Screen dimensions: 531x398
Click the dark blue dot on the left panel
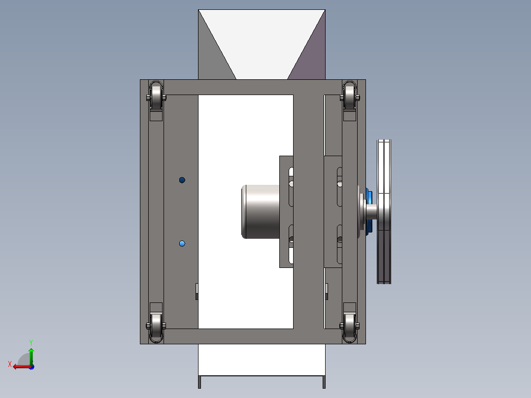[x=182, y=180]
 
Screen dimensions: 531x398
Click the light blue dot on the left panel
[x=182, y=243]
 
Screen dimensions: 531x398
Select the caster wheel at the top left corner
[x=156, y=96]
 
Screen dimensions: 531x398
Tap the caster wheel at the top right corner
[x=350, y=96]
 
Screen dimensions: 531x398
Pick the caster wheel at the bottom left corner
[x=156, y=328]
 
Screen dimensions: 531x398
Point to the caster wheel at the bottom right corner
[x=350, y=328]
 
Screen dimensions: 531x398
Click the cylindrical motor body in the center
[x=261, y=212]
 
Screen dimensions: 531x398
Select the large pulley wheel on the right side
[x=384, y=212]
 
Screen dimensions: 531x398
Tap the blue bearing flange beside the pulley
[x=369, y=212]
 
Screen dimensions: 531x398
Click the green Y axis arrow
[x=31, y=356]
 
